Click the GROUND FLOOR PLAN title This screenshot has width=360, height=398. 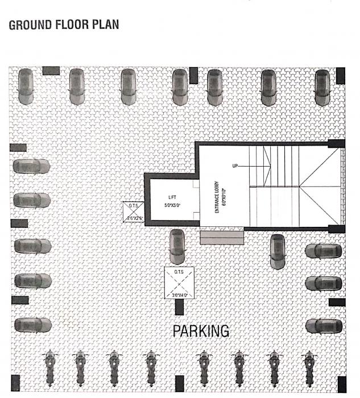tap(64, 26)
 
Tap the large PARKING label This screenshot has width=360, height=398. tap(201, 330)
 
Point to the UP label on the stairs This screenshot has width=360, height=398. tap(235, 166)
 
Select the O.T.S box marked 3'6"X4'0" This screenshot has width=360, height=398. tap(180, 282)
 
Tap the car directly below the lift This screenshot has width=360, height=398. tap(177, 246)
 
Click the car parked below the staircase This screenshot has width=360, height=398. tap(277, 250)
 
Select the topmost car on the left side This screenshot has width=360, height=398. tap(31, 167)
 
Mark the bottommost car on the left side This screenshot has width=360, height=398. tap(31, 325)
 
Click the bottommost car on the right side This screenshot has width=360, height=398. tap(323, 325)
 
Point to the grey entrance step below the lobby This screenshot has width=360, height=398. tap(222, 237)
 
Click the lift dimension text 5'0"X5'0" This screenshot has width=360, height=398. tap(173, 205)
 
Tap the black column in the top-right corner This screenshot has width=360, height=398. tap(340, 74)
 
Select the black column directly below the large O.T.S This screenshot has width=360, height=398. tap(180, 306)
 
